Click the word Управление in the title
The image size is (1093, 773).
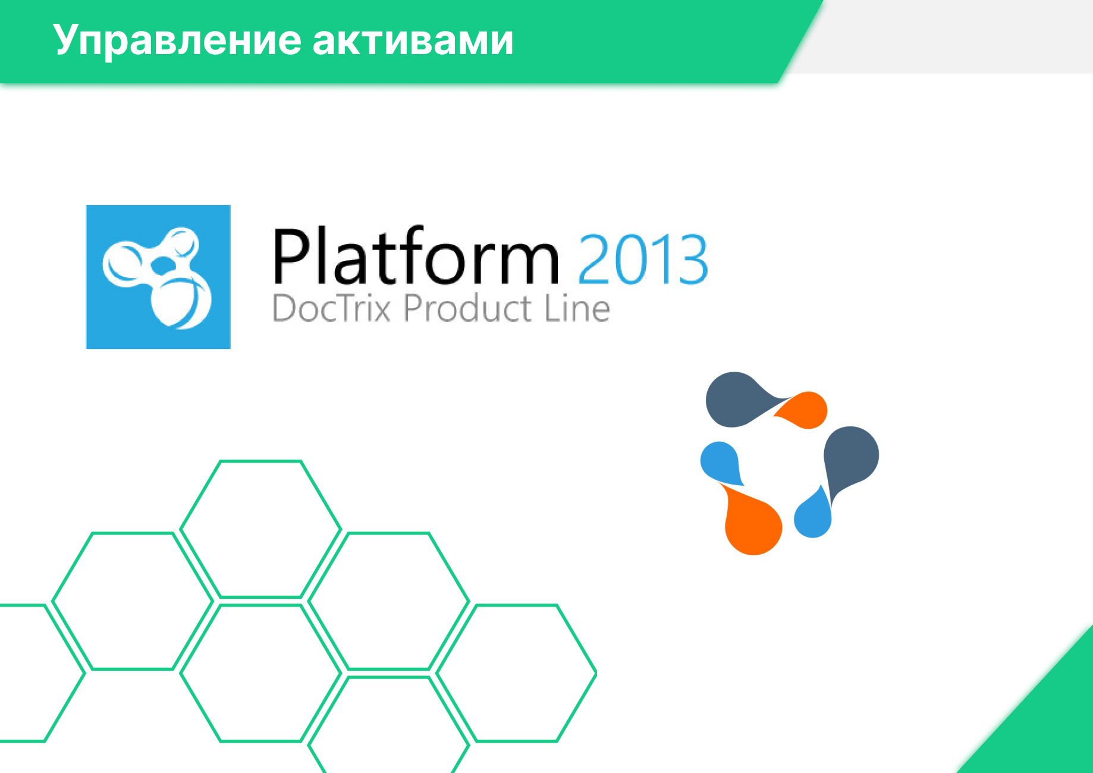tap(177, 40)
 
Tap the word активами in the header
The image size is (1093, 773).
tap(413, 40)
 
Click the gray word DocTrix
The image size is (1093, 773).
tap(331, 308)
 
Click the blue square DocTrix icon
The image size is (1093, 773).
tap(158, 277)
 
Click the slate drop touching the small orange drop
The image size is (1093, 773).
tap(737, 400)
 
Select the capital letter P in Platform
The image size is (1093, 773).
tap(294, 256)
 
